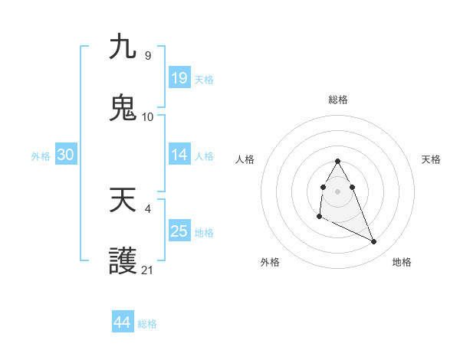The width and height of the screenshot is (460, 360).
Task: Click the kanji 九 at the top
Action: tap(123, 47)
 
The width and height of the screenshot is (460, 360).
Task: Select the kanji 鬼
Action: tap(123, 108)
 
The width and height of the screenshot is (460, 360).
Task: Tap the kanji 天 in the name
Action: tap(123, 201)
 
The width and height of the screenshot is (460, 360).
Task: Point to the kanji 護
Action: tap(123, 262)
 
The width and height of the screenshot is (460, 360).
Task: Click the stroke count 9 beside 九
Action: tap(147, 56)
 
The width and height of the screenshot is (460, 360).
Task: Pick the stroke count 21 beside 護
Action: tap(147, 270)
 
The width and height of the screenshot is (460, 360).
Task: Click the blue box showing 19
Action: tap(179, 78)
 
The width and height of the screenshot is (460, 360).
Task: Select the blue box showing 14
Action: tap(179, 155)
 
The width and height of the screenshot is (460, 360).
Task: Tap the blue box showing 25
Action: tap(179, 231)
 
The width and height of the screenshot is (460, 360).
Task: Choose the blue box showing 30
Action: tap(66, 155)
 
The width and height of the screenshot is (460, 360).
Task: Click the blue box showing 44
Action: tap(122, 322)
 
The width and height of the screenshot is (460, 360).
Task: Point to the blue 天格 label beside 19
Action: tap(204, 80)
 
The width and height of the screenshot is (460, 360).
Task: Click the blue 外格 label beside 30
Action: tap(41, 156)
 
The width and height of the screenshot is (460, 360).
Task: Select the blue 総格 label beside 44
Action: tap(147, 324)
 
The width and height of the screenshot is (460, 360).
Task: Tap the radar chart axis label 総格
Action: tap(338, 100)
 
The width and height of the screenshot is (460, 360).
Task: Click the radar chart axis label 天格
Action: tap(432, 159)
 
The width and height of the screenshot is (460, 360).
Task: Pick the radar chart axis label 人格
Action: tap(245, 159)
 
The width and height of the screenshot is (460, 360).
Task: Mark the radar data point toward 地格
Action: tap(374, 242)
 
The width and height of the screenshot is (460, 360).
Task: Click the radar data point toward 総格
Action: tap(337, 161)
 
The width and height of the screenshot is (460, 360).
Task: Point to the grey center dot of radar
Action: tap(337, 191)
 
